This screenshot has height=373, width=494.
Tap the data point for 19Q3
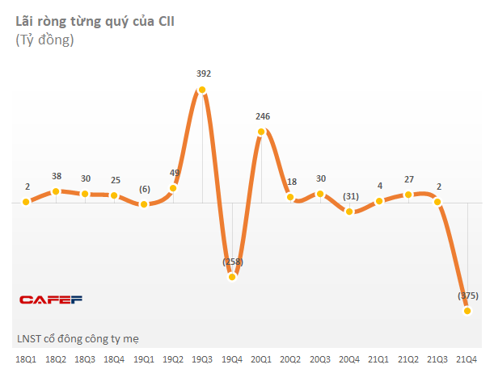pyautogui.click(x=203, y=90)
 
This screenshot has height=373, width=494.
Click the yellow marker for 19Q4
pyautogui.click(x=232, y=276)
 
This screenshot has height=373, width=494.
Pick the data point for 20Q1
pyautogui.click(x=262, y=132)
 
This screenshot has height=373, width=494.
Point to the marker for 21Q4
pyautogui.click(x=467, y=311)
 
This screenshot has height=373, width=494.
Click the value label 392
pyautogui.click(x=204, y=73)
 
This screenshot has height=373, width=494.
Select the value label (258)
pyautogui.click(x=232, y=261)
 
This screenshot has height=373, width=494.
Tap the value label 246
pyautogui.click(x=262, y=116)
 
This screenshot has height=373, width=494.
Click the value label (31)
pyautogui.click(x=350, y=196)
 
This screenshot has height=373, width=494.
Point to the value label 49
pyautogui.click(x=174, y=173)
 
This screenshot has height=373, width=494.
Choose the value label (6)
pyautogui.click(x=144, y=189)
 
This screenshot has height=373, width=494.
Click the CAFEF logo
pyautogui.click(x=51, y=300)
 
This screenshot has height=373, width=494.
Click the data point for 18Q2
pyautogui.click(x=56, y=191)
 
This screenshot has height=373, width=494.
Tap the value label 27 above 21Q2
pyautogui.click(x=408, y=178)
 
